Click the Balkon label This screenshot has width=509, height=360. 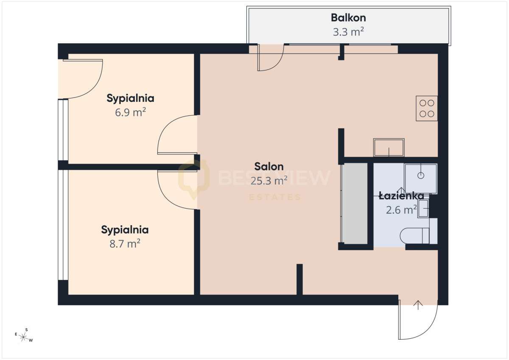tap(348, 18)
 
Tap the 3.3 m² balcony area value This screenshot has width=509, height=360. tap(348, 32)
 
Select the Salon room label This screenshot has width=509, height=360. tap(269, 167)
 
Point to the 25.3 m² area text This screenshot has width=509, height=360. tap(269, 181)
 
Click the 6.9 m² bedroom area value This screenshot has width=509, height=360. tap(130, 112)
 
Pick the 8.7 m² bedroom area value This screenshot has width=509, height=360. tap(125, 244)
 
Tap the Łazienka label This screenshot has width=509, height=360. tap(401, 196)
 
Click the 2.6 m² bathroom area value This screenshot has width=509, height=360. tap(401, 209)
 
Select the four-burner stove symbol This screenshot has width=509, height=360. tap(427, 109)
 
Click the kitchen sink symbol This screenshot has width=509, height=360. tap(389, 148)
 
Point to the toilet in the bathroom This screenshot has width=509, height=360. tap(414, 235)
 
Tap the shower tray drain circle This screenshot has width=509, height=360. tap(421, 176)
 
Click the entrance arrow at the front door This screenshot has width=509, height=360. tap(418, 305)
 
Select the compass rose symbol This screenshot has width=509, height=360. tap(23, 337)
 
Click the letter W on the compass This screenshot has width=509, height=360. tap(31, 340)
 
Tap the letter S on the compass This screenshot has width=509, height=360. tap(27, 330)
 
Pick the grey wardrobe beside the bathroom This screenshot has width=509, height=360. tap(355, 203)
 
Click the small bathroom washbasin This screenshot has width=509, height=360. tap(423, 208)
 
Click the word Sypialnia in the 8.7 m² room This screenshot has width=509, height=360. tap(125, 230)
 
